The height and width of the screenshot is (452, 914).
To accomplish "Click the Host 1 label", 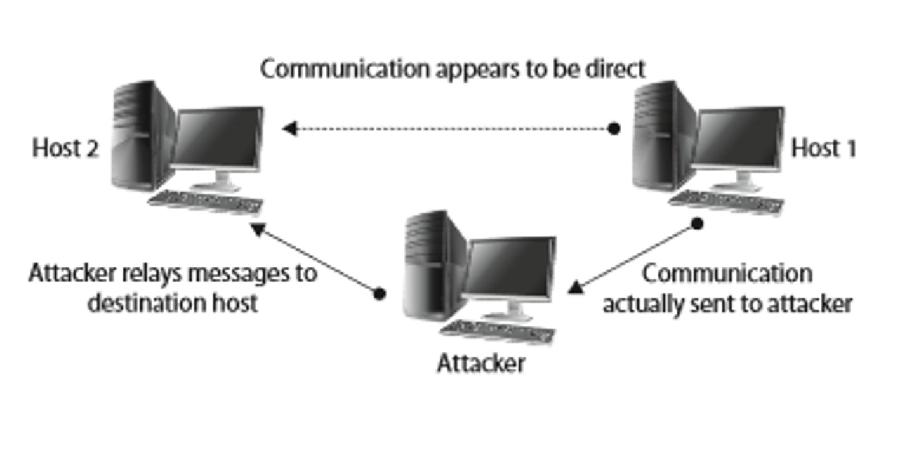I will (824, 149).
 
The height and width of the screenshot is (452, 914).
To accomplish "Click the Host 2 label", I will (65, 149).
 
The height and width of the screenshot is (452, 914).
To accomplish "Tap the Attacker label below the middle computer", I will (481, 364).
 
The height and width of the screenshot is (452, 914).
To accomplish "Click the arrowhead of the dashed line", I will (289, 129).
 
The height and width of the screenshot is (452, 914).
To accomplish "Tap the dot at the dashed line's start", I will (614, 129).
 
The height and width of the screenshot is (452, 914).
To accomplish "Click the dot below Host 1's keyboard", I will (697, 223).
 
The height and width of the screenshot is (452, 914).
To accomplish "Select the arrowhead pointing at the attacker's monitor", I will (575, 288).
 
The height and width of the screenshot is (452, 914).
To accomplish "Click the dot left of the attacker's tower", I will (379, 293).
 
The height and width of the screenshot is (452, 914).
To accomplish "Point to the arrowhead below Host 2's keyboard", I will (257, 229).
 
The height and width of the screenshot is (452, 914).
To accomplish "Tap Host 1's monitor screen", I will (738, 137).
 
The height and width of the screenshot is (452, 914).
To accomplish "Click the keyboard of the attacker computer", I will (498, 331).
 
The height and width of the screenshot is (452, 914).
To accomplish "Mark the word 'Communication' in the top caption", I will (345, 69).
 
